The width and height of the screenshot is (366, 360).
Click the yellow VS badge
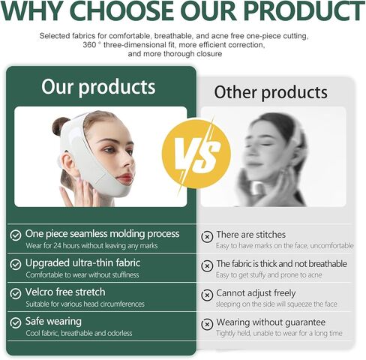point(196,154)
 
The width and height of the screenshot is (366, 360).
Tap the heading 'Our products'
point(98,88)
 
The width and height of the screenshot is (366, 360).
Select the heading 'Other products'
point(271,93)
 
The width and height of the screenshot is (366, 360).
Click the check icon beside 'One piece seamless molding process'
point(16,235)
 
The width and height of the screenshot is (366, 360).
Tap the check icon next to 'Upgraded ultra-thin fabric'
point(16,264)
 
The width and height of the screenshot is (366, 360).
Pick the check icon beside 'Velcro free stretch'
point(16,293)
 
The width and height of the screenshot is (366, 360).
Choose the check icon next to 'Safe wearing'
point(16,322)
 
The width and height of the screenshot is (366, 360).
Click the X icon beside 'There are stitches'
point(207,236)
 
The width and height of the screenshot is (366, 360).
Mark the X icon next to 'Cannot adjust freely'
point(207,295)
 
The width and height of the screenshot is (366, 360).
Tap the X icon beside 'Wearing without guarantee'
point(207,325)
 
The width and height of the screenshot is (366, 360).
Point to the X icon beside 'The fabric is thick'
point(207,265)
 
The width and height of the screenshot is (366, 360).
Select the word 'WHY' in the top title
point(32,10)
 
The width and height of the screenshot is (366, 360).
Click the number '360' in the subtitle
point(89,45)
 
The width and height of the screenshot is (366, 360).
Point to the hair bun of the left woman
point(59,126)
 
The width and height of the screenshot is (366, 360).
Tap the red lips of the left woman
point(124,178)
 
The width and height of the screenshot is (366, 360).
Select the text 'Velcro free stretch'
point(65,292)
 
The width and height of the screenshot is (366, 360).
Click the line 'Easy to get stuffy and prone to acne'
point(269,275)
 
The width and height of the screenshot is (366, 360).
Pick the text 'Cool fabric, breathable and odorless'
point(79,333)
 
